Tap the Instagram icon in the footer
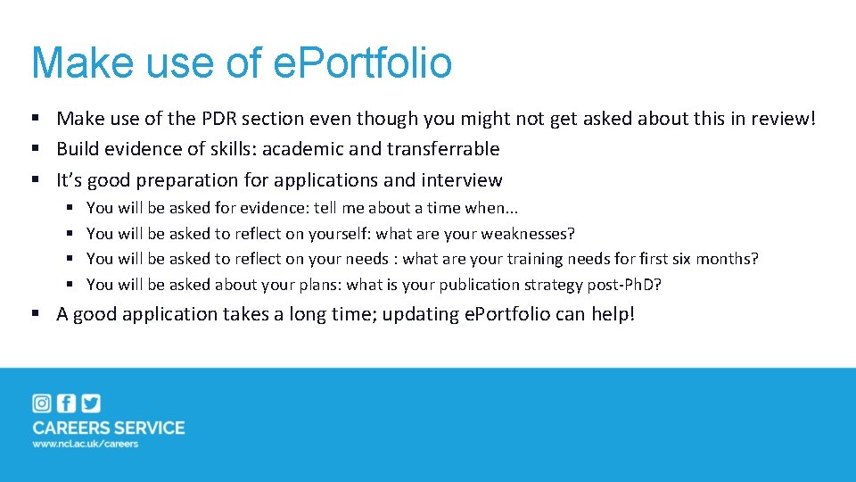point(42,403)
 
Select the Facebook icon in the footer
point(66,403)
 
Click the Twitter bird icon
point(90,403)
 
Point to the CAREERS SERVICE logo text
point(109,428)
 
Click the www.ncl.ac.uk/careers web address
point(86,445)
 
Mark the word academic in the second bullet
point(301,149)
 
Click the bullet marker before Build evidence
point(37,149)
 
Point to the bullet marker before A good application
point(37,314)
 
